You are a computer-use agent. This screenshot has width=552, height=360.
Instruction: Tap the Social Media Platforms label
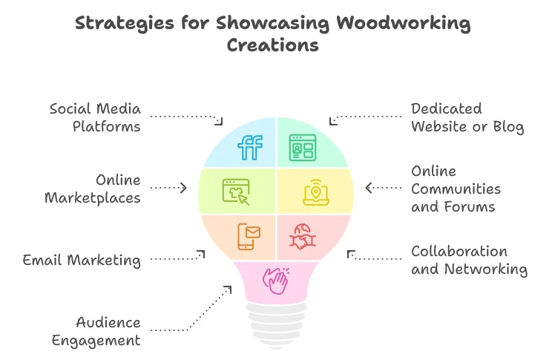(95, 117)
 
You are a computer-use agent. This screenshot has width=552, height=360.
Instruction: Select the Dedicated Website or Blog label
(467, 117)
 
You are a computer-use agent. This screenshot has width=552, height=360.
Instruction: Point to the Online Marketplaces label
(92, 189)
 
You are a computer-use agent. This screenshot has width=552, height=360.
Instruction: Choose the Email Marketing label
(82, 260)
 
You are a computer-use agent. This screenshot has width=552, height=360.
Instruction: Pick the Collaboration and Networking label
(469, 260)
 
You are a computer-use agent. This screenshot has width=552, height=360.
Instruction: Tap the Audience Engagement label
(108, 331)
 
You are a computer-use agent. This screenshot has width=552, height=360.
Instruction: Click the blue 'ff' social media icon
(250, 147)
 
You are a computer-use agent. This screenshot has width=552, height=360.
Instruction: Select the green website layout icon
(301, 146)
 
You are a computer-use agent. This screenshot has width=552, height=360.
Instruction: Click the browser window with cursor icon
(236, 191)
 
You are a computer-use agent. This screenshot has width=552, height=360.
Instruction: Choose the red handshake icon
(301, 236)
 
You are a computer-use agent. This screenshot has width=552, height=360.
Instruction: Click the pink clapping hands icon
(276, 281)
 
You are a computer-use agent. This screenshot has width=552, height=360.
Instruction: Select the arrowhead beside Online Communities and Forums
(369, 188)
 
